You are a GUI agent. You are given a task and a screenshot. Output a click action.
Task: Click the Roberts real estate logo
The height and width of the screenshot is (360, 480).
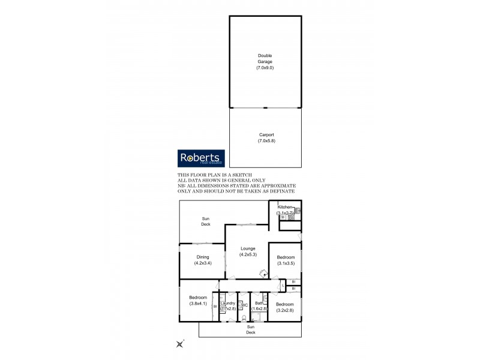coord(201,158)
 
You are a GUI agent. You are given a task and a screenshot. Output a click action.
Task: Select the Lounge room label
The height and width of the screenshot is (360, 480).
coord(248,248)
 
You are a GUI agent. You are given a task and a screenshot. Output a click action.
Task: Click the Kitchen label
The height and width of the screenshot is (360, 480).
coord(284,206)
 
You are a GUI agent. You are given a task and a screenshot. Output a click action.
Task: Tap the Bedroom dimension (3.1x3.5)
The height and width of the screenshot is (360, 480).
coord(285,263)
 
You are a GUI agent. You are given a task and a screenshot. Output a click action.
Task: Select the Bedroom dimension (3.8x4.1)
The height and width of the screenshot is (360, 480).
coord(197,304)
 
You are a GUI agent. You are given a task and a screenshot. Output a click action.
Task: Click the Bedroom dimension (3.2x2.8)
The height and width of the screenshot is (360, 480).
coord(285,310)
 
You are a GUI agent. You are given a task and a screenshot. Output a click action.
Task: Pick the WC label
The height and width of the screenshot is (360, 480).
coord(244,305)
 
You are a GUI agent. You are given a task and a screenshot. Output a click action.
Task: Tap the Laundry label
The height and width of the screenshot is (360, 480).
coord(228,304)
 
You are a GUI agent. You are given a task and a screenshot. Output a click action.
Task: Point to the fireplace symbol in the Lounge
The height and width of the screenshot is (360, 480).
coord(262,273)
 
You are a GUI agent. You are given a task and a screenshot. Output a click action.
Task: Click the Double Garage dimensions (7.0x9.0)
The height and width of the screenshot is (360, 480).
coord(265,68)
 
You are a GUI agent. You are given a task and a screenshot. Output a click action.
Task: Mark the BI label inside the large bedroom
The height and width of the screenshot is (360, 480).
coord(214,307)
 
